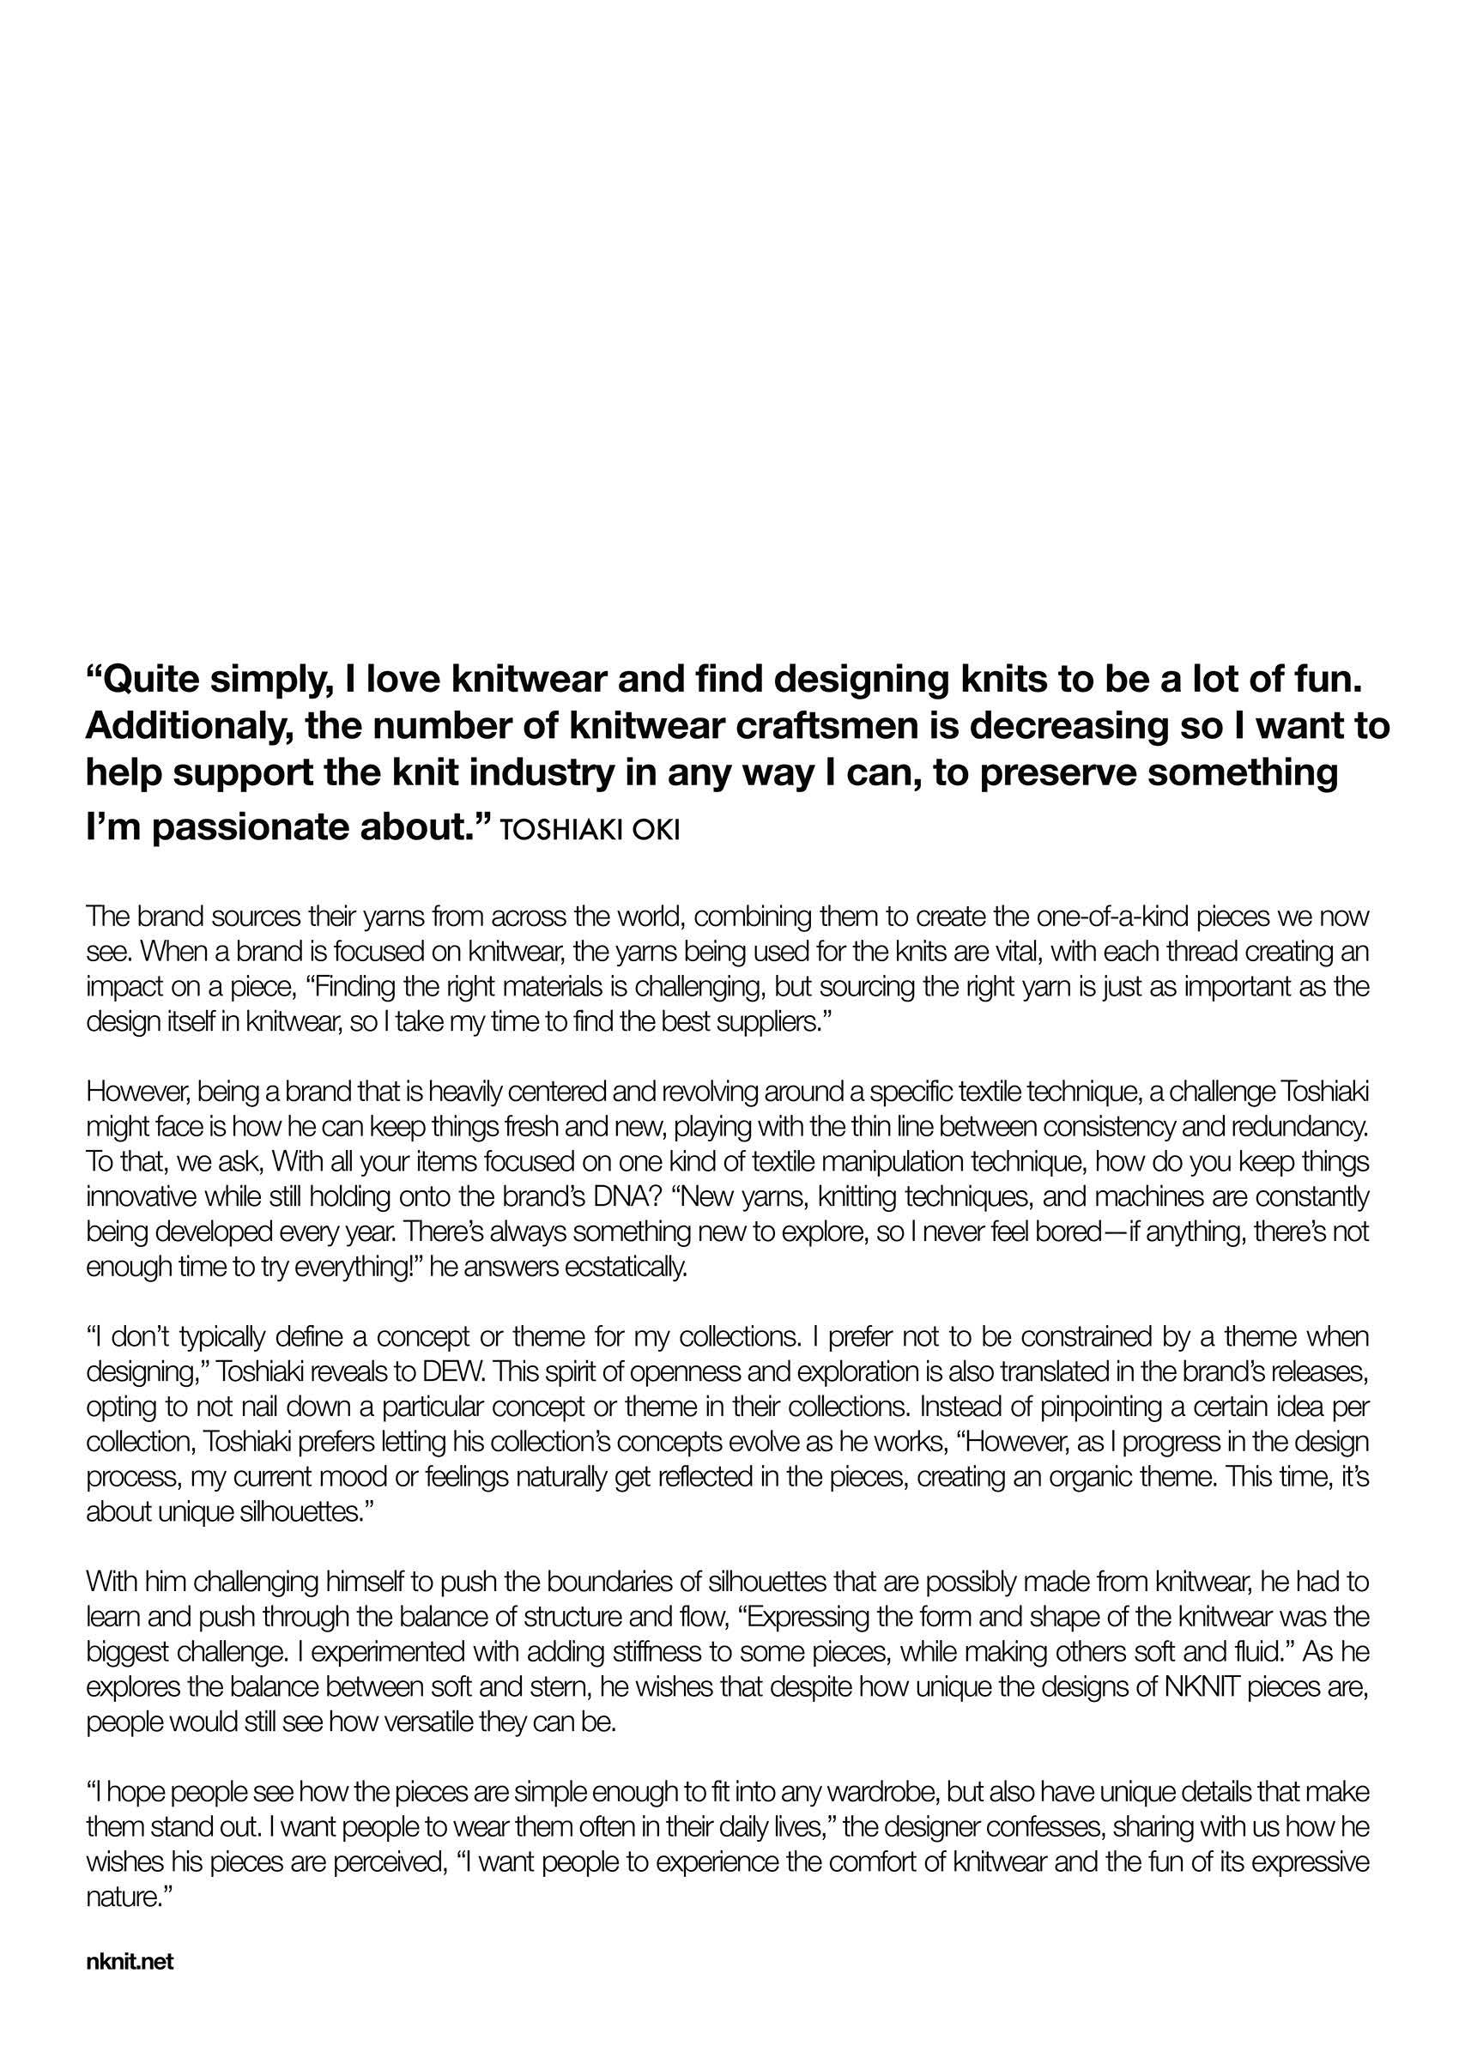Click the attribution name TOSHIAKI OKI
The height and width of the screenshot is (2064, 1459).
click(x=590, y=830)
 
